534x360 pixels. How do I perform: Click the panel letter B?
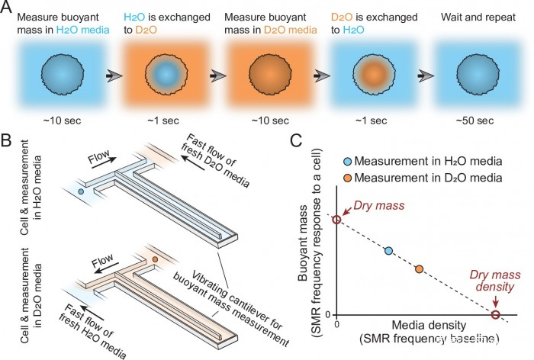click(x=9, y=141)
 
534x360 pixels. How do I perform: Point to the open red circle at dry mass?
click(x=337, y=220)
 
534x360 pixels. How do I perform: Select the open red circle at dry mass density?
click(x=495, y=315)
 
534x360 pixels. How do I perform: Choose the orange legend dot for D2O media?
click(x=347, y=178)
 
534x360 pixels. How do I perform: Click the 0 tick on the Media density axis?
click(x=337, y=325)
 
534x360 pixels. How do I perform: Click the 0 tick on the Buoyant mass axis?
click(x=326, y=315)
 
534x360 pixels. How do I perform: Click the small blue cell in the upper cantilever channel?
click(x=80, y=191)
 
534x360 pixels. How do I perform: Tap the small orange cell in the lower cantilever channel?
click(x=155, y=261)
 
